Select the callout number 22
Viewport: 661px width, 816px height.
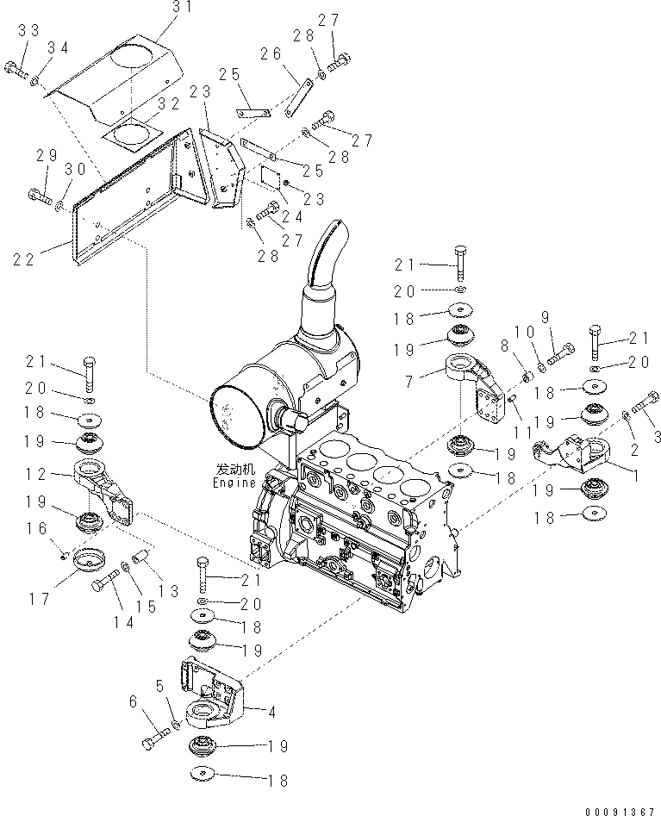point(26,258)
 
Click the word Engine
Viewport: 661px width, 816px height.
point(234,483)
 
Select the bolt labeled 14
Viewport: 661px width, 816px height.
point(101,586)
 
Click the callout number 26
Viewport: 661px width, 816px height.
point(271,54)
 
